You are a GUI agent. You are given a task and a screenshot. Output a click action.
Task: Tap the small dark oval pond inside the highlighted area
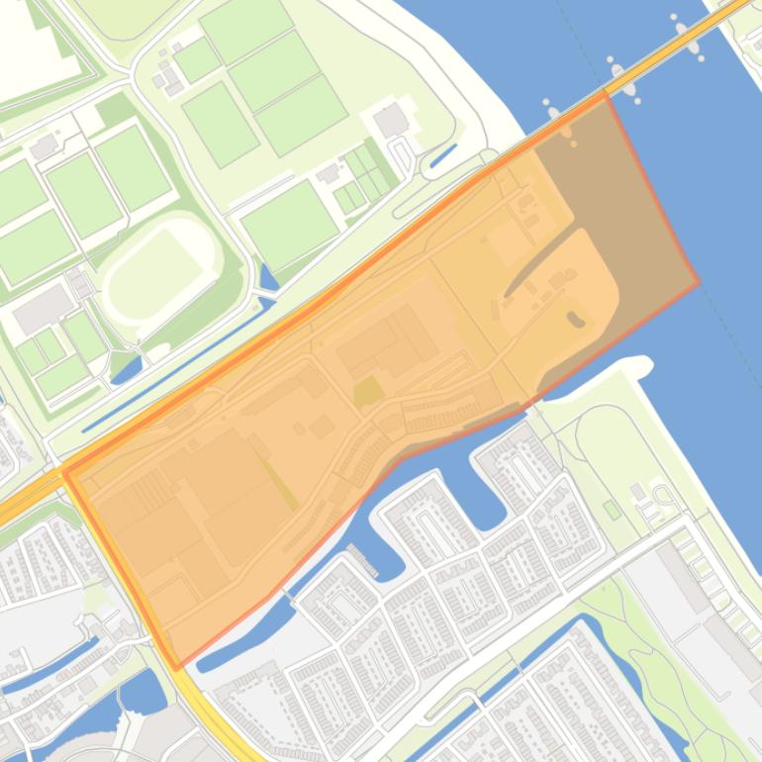coord(575,319)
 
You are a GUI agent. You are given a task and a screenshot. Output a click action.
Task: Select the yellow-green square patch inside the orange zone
coord(367,392)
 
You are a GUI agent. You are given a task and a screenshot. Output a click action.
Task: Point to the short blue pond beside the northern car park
coord(442,156)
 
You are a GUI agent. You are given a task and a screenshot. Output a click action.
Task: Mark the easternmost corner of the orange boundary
coord(699,283)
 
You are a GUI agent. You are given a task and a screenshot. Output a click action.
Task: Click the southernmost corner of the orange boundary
coord(178,668)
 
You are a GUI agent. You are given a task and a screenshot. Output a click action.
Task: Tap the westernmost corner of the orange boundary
coord(64,472)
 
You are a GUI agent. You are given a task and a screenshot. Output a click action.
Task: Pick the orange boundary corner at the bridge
coord(606,95)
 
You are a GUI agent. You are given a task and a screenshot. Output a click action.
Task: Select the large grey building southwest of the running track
coord(42,310)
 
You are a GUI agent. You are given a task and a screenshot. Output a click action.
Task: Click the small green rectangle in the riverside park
coord(612,510)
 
